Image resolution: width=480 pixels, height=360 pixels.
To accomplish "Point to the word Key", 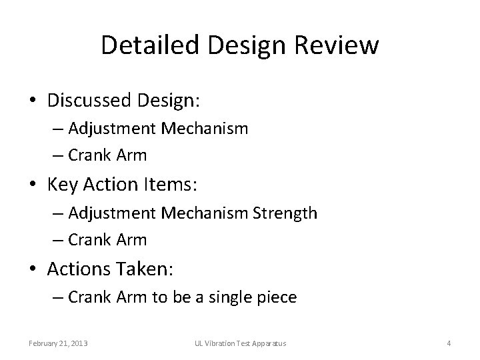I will [x=62, y=184].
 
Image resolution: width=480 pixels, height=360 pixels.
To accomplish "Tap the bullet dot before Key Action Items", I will [x=33, y=185].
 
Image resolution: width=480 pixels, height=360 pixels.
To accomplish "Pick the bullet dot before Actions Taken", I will [x=33, y=269].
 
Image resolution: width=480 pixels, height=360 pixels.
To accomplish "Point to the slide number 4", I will [x=449, y=343].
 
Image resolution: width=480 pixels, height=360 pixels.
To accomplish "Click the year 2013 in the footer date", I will [x=79, y=343].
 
